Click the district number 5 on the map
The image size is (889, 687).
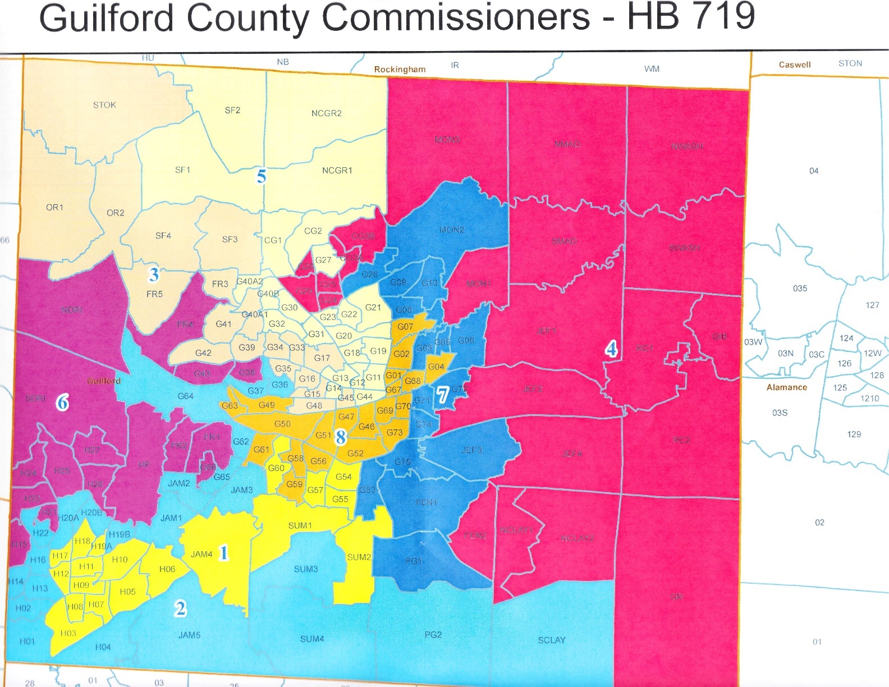pyautogui.click(x=262, y=176)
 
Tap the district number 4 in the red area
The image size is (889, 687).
pyautogui.click(x=611, y=349)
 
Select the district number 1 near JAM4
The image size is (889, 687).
pyautogui.click(x=223, y=553)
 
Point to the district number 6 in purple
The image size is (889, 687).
pyautogui.click(x=63, y=402)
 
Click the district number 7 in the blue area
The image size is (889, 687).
pyautogui.click(x=443, y=395)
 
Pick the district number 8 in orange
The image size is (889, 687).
pyautogui.click(x=341, y=437)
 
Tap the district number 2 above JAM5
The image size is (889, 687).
pyautogui.click(x=180, y=608)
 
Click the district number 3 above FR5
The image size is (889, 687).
pyautogui.click(x=154, y=274)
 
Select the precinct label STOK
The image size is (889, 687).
pyautogui.click(x=104, y=105)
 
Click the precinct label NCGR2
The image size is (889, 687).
pyautogui.click(x=326, y=113)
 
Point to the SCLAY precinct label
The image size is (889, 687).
pyautogui.click(x=551, y=640)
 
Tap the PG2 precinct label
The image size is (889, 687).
pyautogui.click(x=433, y=635)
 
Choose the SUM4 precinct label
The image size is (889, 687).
pyautogui.click(x=311, y=639)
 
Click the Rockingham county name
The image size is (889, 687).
pyautogui.click(x=400, y=70)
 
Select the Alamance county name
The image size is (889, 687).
pyautogui.click(x=786, y=387)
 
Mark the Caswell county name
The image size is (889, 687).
pyautogui.click(x=794, y=65)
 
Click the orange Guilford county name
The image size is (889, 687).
pyautogui.click(x=104, y=381)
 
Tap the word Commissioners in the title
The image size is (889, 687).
pyautogui.click(x=456, y=18)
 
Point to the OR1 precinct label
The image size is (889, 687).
pyautogui.click(x=54, y=208)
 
